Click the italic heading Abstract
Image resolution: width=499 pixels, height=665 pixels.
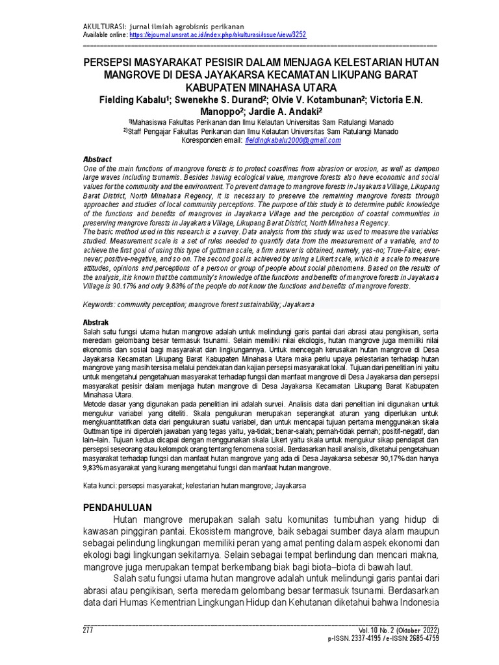coord(97,159)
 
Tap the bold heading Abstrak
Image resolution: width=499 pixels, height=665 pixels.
coord(96,322)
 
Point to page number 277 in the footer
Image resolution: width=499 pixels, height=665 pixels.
coord(89,631)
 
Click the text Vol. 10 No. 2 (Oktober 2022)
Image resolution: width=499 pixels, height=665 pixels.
coord(398,631)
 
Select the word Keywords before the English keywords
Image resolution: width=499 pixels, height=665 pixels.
coord(100,305)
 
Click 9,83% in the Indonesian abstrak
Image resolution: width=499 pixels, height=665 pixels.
coord(96,467)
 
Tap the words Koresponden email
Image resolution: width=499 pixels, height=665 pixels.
coord(209,140)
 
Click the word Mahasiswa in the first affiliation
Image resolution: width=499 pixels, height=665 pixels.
coord(152,121)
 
